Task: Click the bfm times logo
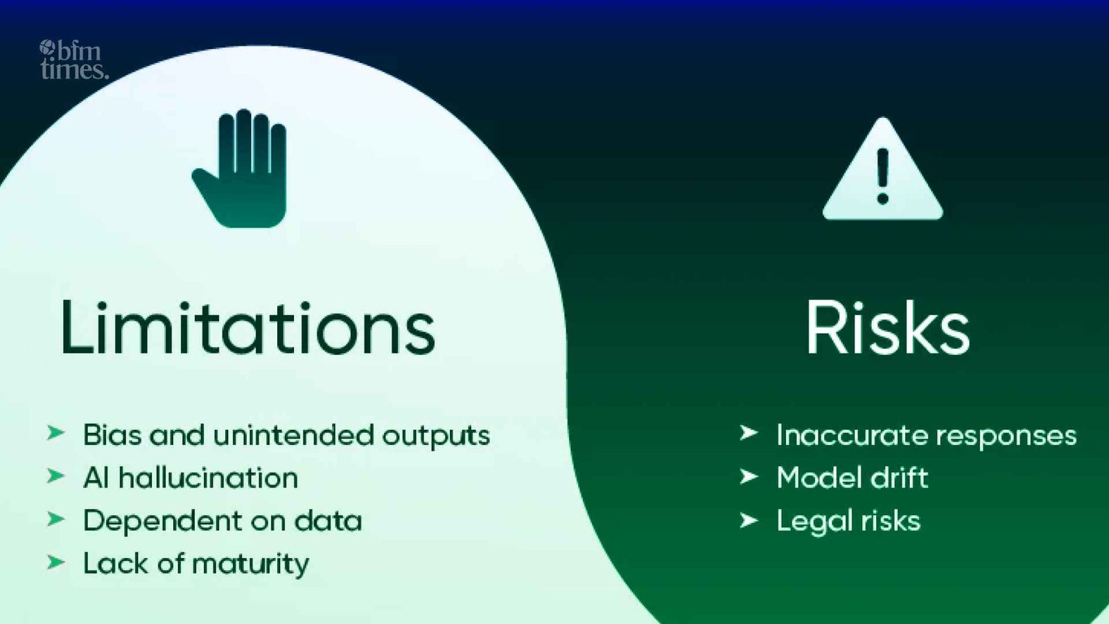pos(73,60)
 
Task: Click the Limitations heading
pos(247,328)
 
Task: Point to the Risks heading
pos(887,328)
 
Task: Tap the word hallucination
pos(208,478)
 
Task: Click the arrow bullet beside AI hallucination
pos(55,476)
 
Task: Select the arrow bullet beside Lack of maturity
pos(55,562)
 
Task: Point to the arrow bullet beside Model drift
pos(749,476)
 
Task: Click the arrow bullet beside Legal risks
pos(749,520)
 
